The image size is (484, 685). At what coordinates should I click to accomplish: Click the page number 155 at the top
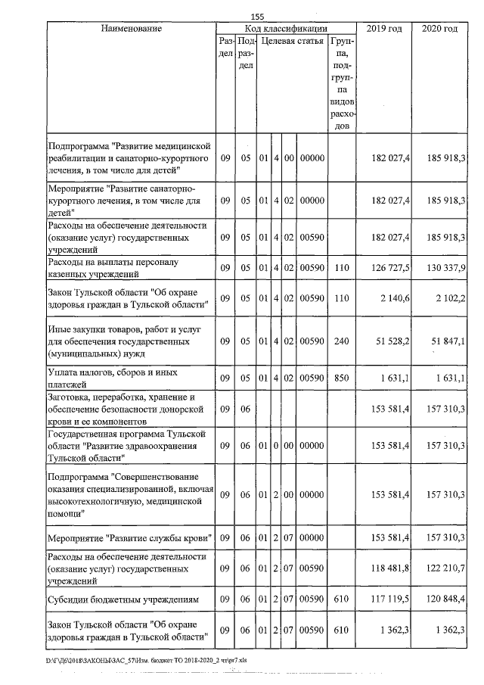tap(257, 17)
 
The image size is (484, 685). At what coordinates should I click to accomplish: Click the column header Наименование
tap(131, 29)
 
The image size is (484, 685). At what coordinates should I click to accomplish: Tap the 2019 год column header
tap(384, 29)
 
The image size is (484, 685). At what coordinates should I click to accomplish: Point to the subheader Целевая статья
tap(292, 41)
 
